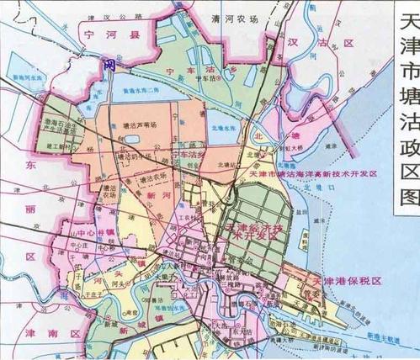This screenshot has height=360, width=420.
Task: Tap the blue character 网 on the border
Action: pyautogui.click(x=109, y=64)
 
